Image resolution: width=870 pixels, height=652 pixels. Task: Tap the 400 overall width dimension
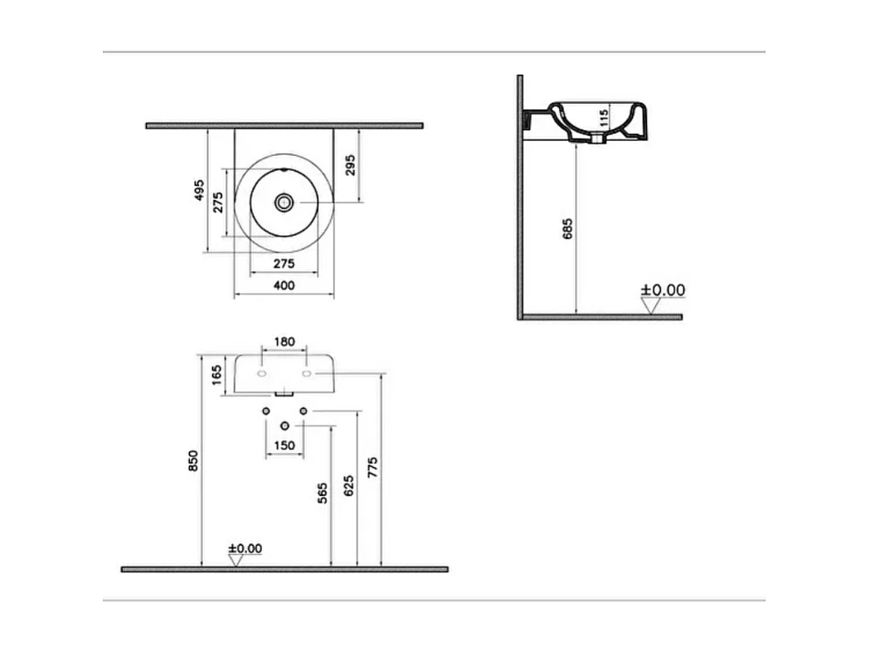[x=284, y=285]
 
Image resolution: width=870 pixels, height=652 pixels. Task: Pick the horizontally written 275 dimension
[x=284, y=263]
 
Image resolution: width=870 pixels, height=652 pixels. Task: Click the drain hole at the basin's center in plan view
[x=284, y=202]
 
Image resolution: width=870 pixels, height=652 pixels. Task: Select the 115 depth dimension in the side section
[x=605, y=117]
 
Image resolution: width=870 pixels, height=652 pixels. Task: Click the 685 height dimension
[x=567, y=230]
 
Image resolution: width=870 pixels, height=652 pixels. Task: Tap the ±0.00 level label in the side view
[x=663, y=290]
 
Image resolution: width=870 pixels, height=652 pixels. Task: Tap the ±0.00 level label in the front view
[x=245, y=548]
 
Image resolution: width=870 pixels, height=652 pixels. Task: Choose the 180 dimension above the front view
[x=284, y=342]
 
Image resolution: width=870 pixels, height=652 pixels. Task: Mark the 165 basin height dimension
[x=217, y=375]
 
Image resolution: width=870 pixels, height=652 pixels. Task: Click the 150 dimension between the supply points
[x=284, y=445]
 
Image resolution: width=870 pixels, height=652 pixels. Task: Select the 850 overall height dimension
[x=192, y=461]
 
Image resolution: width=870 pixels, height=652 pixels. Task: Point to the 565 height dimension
[x=322, y=493]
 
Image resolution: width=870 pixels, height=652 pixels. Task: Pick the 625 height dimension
[x=348, y=486]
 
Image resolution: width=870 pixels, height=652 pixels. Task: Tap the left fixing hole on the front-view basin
[x=262, y=376]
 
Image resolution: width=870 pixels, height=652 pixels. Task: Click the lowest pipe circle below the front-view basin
[x=284, y=426]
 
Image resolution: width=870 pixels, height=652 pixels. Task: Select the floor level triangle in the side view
[x=650, y=306]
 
